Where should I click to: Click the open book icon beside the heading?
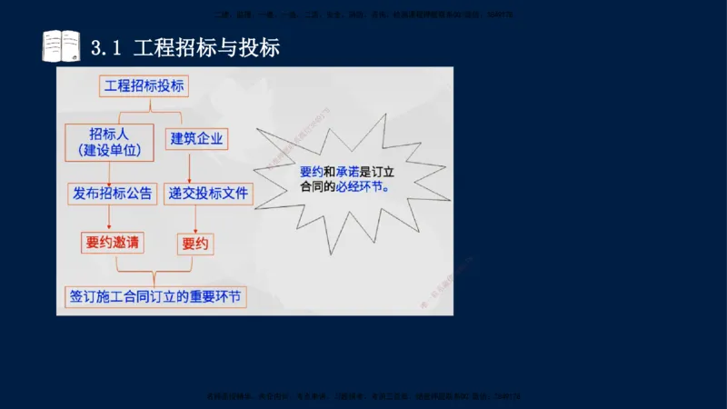(61, 45)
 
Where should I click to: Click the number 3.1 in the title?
(107, 47)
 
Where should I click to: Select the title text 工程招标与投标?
(206, 47)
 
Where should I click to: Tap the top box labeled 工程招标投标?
(145, 86)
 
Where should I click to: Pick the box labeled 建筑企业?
(197, 139)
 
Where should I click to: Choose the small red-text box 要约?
(195, 244)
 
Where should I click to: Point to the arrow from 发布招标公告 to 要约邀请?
(109, 217)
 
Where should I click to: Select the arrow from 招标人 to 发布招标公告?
(109, 173)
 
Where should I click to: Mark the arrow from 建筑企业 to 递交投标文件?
(190, 166)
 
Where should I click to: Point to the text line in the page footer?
(363, 396)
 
